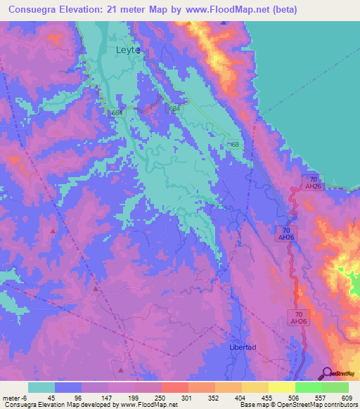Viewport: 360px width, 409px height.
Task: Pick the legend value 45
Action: pyautogui.click(x=51, y=397)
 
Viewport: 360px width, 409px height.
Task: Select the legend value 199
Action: pyautogui.click(x=132, y=397)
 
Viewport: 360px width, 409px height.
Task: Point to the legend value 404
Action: pyautogui.click(x=240, y=397)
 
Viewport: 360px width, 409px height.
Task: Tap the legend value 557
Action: pyautogui.click(x=320, y=397)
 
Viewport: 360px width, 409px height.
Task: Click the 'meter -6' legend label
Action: pyautogui.click(x=14, y=397)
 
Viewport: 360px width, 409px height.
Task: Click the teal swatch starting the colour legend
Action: pyautogui.click(x=41, y=387)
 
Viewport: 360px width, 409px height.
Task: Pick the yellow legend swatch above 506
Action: pyautogui.click(x=281, y=387)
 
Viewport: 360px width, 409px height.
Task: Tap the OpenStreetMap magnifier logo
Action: pyautogui.click(x=328, y=373)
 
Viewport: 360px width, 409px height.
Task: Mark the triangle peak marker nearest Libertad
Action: pyautogui.click(x=121, y=370)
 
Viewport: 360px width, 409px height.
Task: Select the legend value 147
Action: pyautogui.click(x=105, y=397)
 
